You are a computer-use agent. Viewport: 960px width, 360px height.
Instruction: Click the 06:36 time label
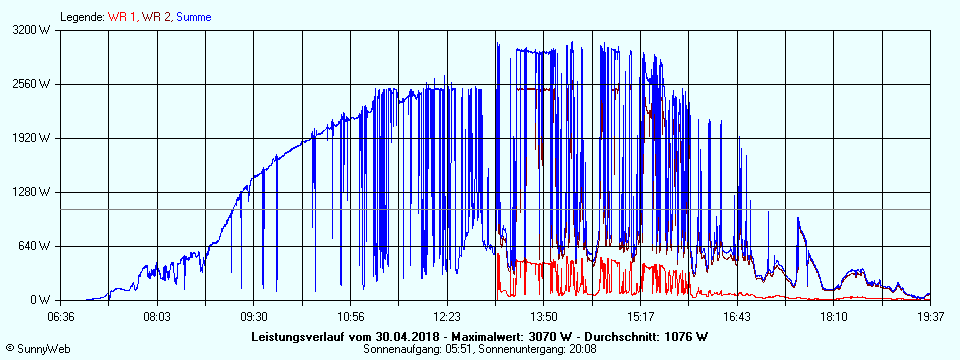(61, 316)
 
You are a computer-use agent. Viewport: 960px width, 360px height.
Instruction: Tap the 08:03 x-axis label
(157, 316)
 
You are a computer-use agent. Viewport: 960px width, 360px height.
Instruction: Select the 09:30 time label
(254, 316)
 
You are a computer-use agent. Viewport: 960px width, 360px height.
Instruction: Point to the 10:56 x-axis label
(350, 316)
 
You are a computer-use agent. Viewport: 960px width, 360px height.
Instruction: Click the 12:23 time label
(447, 316)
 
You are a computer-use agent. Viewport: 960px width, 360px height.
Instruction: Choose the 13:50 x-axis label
(543, 316)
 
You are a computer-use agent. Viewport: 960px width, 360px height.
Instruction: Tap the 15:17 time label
(640, 316)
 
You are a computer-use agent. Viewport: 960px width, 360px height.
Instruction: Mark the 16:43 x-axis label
(736, 316)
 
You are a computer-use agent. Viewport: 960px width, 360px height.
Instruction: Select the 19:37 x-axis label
(929, 316)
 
